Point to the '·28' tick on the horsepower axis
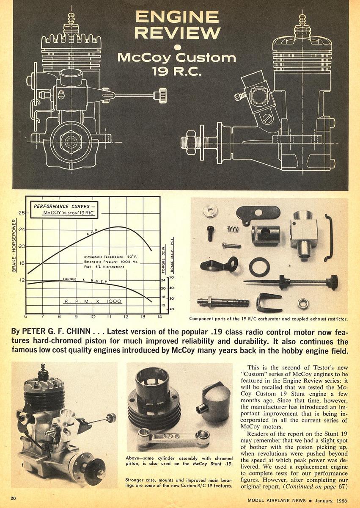[21, 213]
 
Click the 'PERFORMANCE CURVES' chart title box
[64, 210]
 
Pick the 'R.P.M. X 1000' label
[93, 301]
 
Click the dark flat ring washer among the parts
[259, 267]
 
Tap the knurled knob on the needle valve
[332, 282]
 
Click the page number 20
[14, 498]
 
